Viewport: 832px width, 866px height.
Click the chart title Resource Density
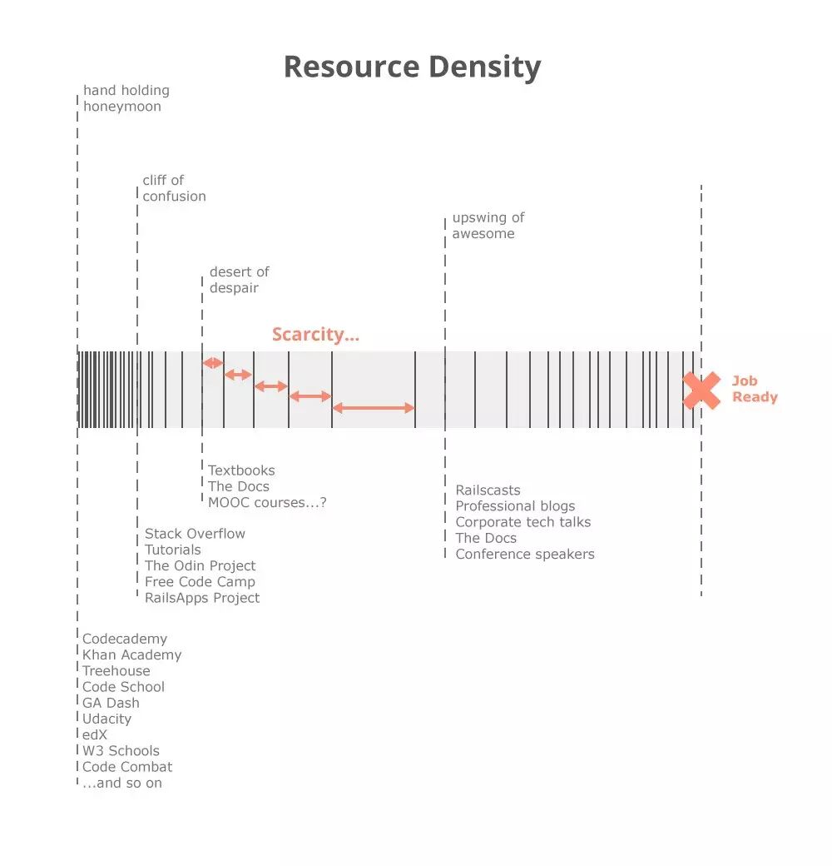412,67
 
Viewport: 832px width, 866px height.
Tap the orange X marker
701,391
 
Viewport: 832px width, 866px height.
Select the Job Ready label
755,389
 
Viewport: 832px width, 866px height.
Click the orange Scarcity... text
315,335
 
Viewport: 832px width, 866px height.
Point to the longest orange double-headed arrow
374,408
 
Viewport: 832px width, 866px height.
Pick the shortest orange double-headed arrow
212,363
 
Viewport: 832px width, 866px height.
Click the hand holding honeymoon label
126,98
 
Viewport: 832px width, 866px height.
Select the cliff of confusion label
174,188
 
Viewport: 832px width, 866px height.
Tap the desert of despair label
239,280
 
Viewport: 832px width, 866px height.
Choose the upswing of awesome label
488,226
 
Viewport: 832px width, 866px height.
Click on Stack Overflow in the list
195,534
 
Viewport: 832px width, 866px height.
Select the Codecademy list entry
125,639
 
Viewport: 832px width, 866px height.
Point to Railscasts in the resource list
488,490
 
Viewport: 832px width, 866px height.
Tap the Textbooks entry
241,470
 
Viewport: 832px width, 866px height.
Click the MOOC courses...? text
267,502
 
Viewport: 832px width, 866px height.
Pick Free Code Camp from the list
200,582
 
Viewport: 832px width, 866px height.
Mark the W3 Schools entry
121,751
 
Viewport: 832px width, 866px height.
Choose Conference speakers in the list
525,554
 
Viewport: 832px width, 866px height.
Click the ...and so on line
122,783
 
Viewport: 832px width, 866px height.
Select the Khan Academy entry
131,654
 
